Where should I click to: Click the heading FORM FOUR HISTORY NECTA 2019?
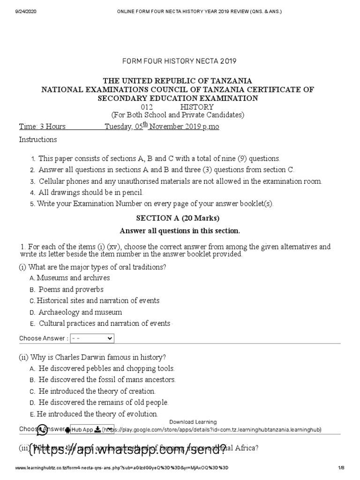(x=180, y=61)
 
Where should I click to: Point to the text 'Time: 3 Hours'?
(x=42, y=127)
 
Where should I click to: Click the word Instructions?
(x=38, y=140)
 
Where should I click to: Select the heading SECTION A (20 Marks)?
(x=178, y=218)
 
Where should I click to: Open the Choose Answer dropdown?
(x=92, y=338)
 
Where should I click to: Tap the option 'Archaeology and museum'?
(x=80, y=312)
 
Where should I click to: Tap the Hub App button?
(x=82, y=430)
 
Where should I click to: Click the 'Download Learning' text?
(x=193, y=422)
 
